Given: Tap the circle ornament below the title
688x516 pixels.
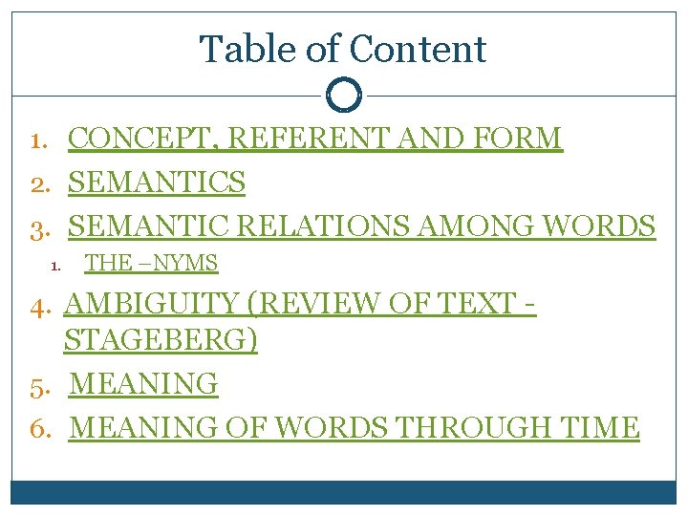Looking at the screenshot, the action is [x=344, y=95].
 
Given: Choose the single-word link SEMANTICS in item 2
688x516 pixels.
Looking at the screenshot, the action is [x=158, y=182].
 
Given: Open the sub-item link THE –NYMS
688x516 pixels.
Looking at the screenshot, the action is [x=152, y=263].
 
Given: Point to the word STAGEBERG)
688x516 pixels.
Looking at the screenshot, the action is [x=161, y=340].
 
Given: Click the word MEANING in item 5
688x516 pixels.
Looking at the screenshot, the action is [x=144, y=384].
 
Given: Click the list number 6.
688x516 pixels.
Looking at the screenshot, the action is [x=39, y=428].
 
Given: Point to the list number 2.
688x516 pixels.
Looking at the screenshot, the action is [x=39, y=183].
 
